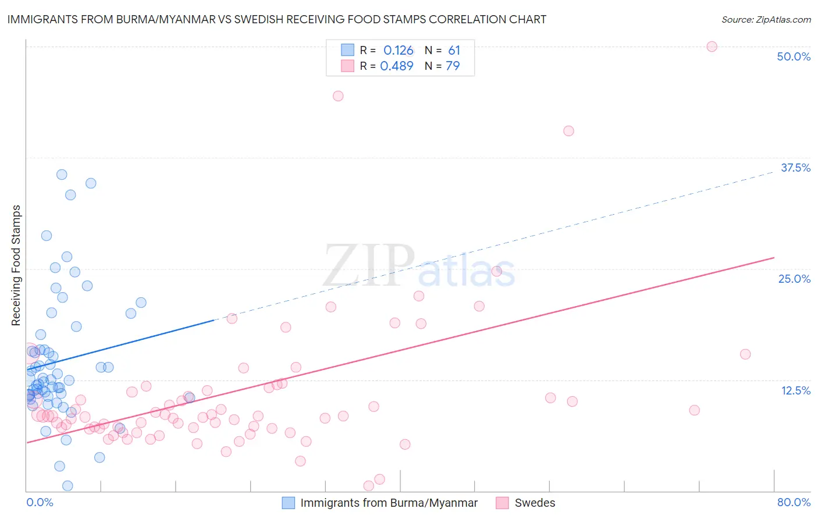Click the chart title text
coord(277,20)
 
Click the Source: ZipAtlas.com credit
coord(766,20)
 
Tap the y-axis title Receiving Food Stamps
coord(16,265)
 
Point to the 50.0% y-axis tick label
coord(794,56)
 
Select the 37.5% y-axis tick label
coord(795,168)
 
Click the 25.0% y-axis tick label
coord(794,279)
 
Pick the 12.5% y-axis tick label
coord(795,390)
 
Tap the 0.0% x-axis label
coord(40,502)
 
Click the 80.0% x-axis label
coord(794,502)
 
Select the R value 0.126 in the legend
coord(398,51)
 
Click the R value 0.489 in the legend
coord(397,66)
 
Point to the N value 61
coord(454,51)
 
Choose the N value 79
coord(453,66)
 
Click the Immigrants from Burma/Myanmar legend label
coord(389,503)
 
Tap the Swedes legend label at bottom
coord(535,503)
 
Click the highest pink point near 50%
coord(712,47)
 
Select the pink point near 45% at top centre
coord(338,96)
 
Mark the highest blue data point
coord(62,175)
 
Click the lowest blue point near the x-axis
coord(67,486)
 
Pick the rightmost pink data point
coord(745,354)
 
